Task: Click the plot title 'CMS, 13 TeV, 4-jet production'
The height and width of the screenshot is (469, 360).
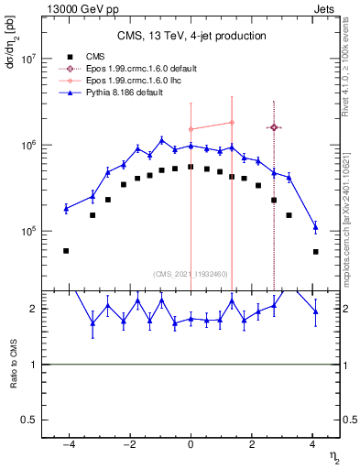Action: (191, 36)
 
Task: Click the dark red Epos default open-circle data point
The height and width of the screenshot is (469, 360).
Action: (274, 127)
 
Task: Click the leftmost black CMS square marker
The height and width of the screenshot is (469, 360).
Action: (66, 250)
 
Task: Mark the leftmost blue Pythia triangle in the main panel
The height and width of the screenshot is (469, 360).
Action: (66, 209)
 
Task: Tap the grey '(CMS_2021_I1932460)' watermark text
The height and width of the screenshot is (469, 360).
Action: (191, 274)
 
